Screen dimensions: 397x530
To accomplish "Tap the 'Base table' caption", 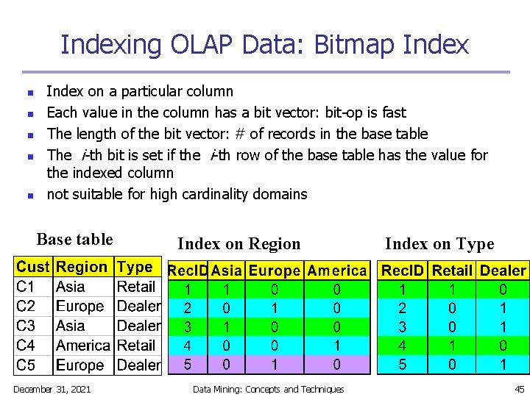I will (x=74, y=240).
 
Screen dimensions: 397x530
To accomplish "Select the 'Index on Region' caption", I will (x=239, y=244).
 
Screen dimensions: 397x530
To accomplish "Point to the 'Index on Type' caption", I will (x=439, y=244).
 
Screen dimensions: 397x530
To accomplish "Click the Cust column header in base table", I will (x=33, y=268).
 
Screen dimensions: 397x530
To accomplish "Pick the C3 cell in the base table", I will (x=26, y=326).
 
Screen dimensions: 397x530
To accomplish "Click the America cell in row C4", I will (x=83, y=346).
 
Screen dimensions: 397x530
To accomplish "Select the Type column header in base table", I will (x=135, y=268).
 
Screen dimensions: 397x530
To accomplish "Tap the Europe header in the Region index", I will (x=275, y=271).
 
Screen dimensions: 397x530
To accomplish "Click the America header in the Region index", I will (x=336, y=271).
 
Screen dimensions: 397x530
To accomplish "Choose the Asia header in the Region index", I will (x=226, y=271).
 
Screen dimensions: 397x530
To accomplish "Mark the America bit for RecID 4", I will (x=336, y=344).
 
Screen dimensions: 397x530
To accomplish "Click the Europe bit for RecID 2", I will (x=275, y=307).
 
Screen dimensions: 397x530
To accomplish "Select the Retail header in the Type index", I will (x=452, y=271).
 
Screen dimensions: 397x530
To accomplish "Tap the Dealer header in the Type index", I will (x=503, y=271).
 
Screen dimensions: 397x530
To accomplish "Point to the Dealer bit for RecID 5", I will (x=503, y=364).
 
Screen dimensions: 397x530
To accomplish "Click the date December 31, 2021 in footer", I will (x=52, y=389).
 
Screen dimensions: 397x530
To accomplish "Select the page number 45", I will (x=519, y=389).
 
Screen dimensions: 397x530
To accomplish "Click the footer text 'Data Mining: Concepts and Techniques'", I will (x=268, y=389).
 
